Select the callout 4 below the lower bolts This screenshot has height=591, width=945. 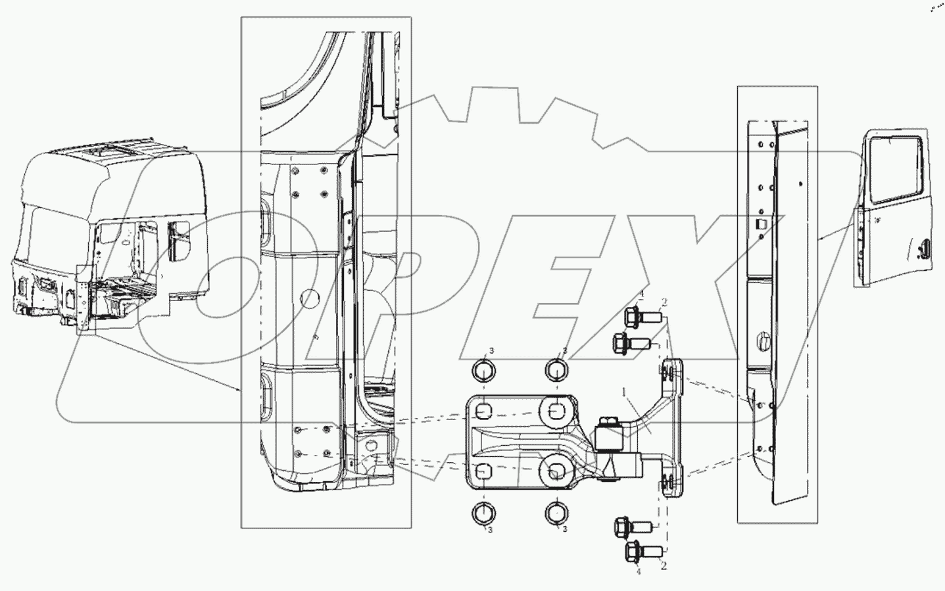pos(637,573)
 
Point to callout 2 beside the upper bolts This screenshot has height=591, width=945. pos(664,302)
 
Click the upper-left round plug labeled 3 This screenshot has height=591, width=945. pos(482,369)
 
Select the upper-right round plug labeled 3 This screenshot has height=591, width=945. pos(556,369)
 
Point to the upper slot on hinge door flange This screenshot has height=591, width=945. pos(667,375)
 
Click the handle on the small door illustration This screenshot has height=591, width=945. pos(923,248)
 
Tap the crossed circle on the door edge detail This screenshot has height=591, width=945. pos(764,341)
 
